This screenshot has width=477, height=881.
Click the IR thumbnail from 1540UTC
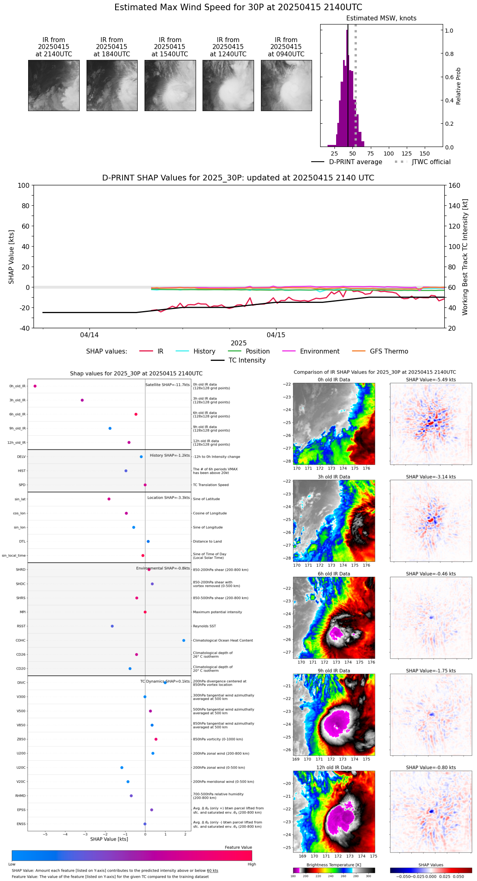coord(170,85)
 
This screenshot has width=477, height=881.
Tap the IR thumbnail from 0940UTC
coord(286,85)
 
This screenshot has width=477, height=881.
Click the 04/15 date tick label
coord(276,335)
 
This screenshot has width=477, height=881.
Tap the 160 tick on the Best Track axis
coord(455,185)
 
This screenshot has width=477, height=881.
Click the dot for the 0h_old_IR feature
coord(35,386)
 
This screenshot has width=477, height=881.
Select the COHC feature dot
coord(184,641)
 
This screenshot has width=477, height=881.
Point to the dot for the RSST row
coord(112,626)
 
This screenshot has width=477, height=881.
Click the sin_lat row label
coord(20,499)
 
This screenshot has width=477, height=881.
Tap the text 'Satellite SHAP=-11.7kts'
coord(167,385)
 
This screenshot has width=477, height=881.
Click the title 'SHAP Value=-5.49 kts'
coord(431,380)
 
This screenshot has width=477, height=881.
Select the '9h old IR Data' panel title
coord(334,671)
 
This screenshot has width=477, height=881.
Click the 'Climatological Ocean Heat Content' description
coord(223,641)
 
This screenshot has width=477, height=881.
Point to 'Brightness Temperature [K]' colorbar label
coord(334,865)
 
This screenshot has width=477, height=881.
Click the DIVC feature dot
coord(165,683)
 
